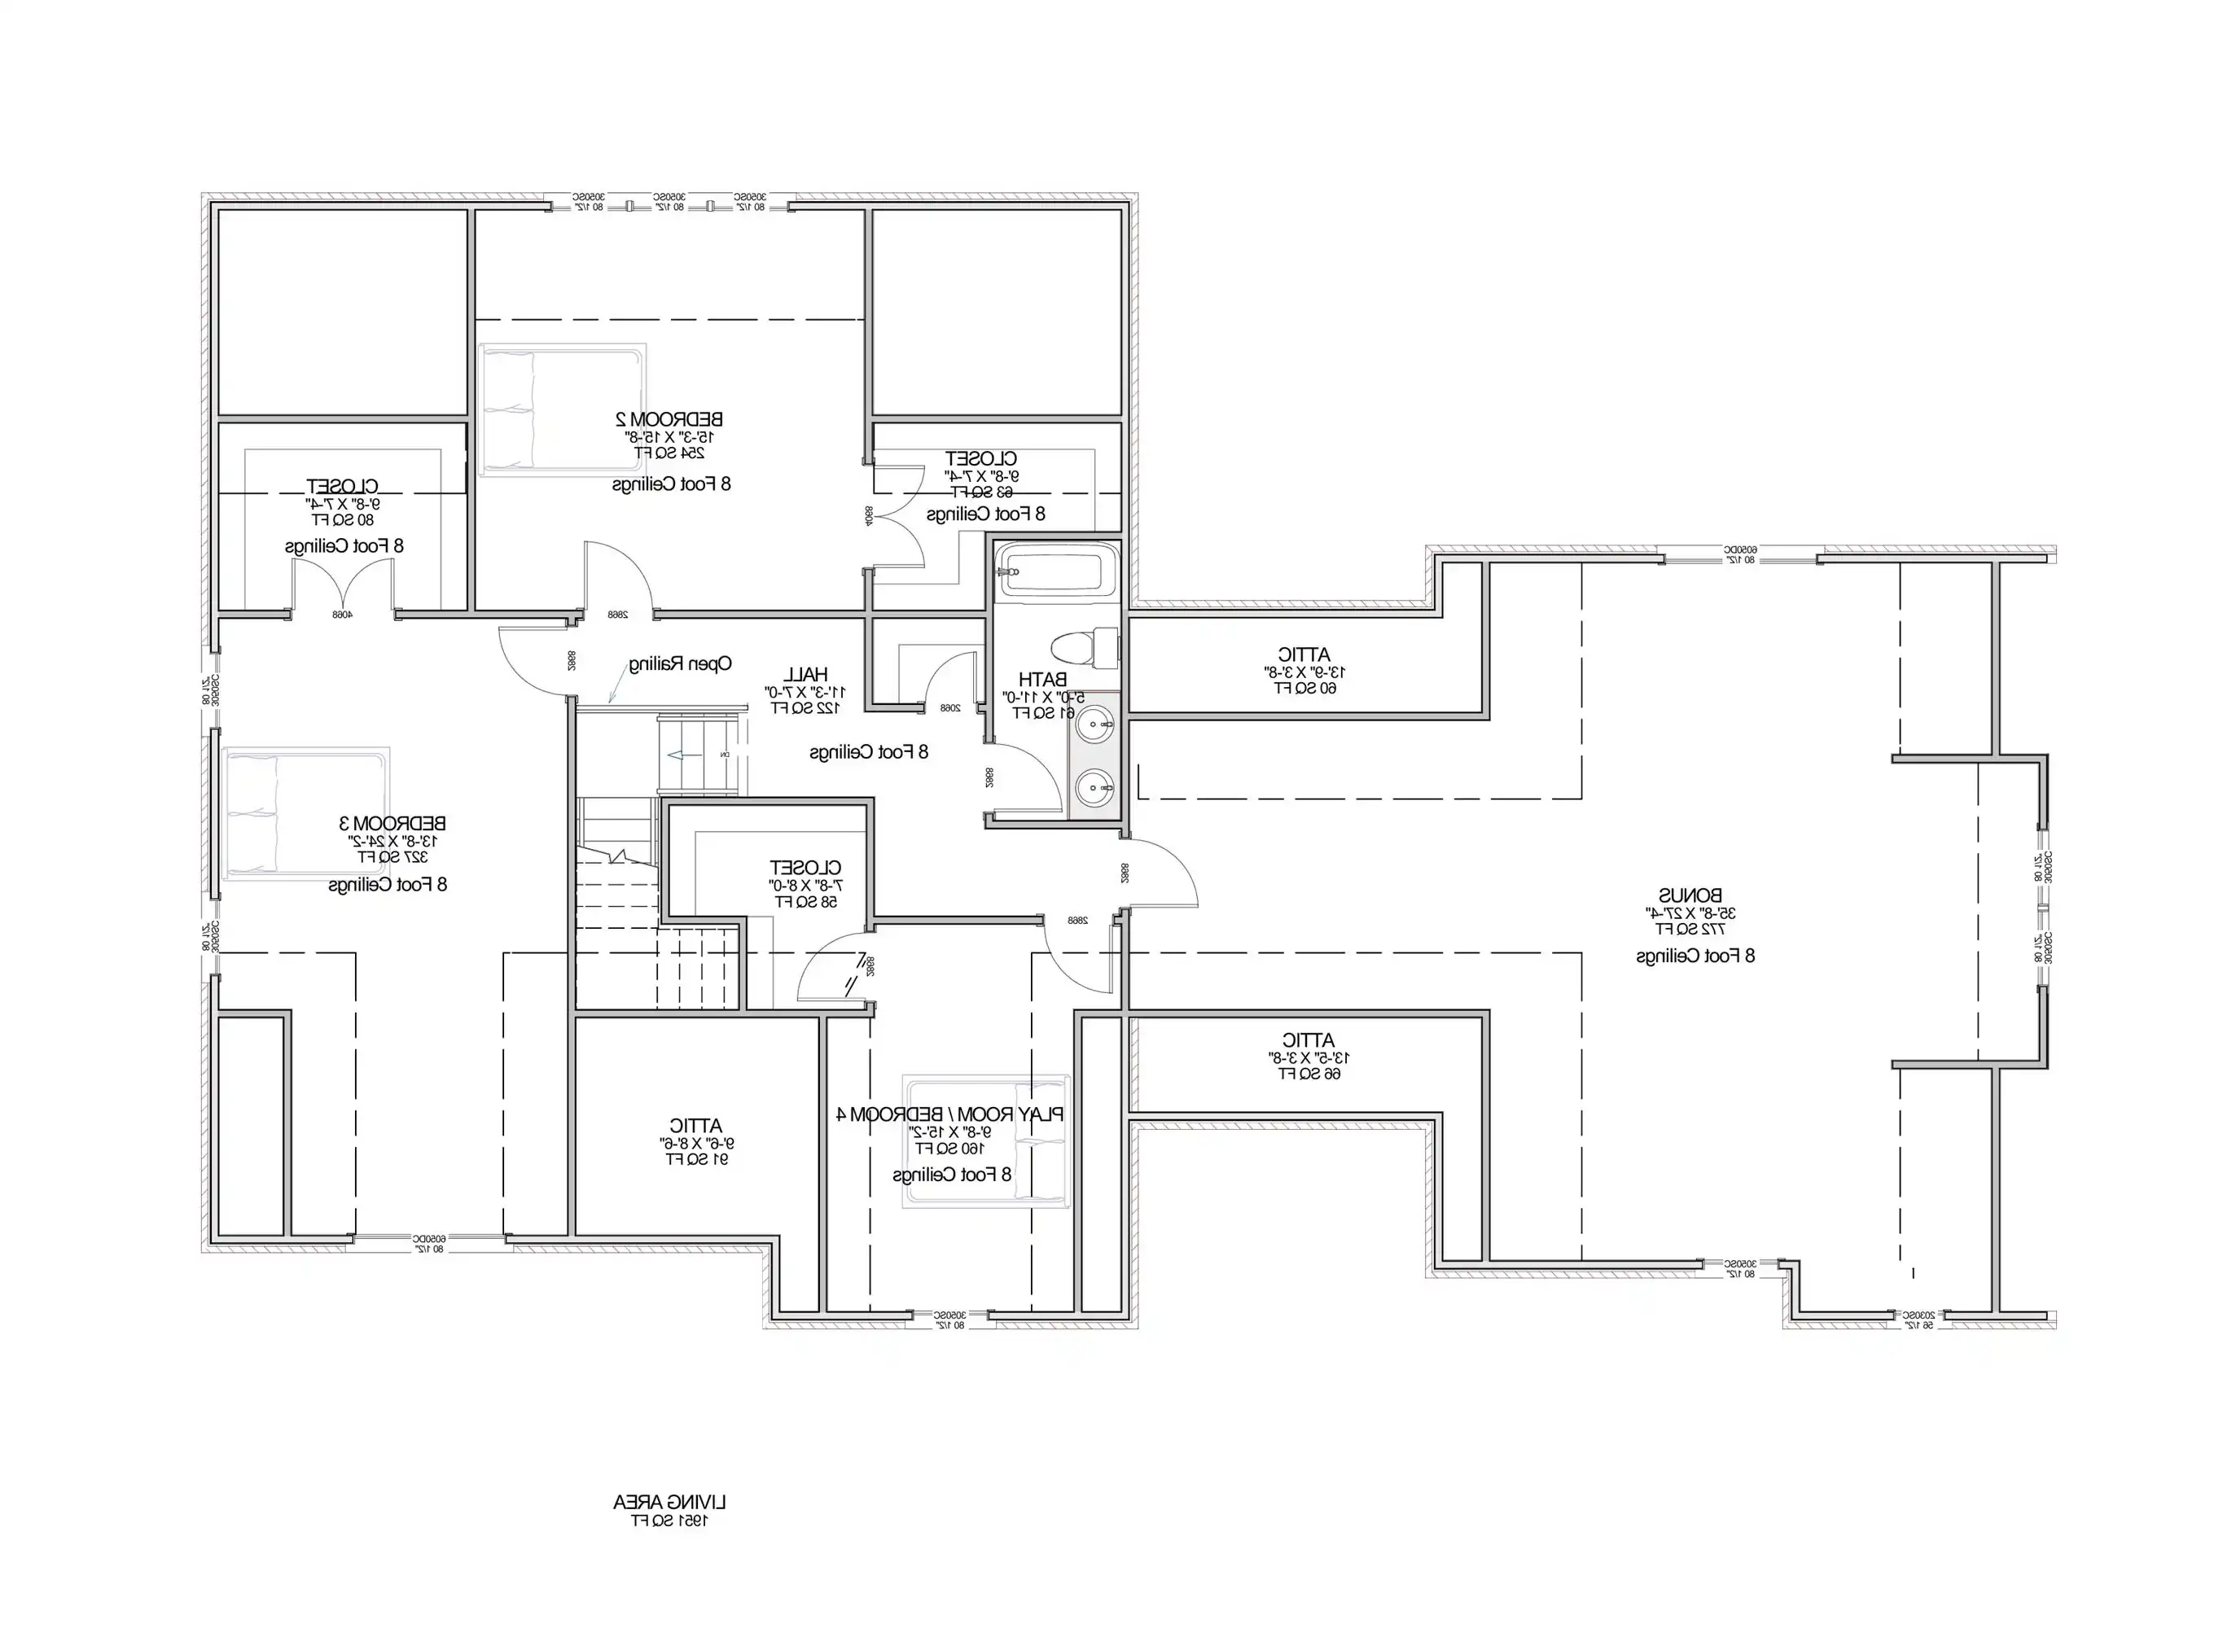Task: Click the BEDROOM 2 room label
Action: pos(669,420)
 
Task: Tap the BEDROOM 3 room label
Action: pos(392,823)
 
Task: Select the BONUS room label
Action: pos(1690,895)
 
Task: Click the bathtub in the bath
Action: pos(1053,571)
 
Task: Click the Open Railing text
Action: pos(680,664)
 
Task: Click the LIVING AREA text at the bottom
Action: pos(669,1503)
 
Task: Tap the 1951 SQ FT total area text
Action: pos(669,1521)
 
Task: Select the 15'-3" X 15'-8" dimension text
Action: pos(669,436)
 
